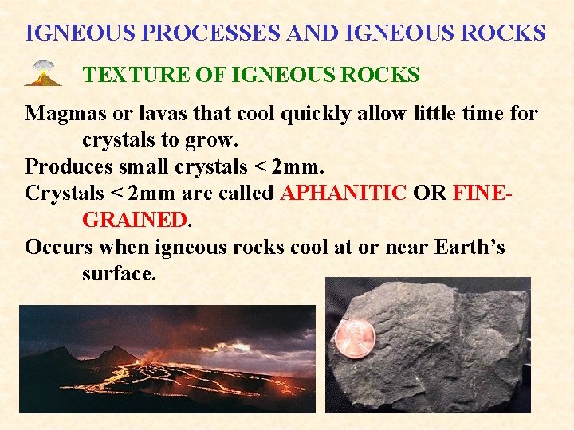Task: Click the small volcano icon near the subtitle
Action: click(x=42, y=73)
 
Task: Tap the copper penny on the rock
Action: click(x=353, y=338)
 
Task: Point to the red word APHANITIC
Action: click(x=344, y=193)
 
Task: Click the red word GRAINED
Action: click(x=134, y=220)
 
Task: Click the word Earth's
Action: click(x=470, y=247)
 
